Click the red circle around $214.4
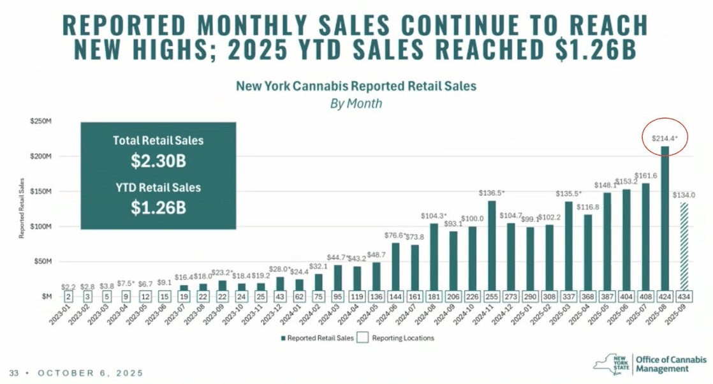[663, 137]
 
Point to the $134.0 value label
[683, 195]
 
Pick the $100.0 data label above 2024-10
[473, 219]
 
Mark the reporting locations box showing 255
[492, 297]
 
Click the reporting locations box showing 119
[357, 297]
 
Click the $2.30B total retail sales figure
[158, 161]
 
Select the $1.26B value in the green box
[158, 208]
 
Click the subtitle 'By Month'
[356, 103]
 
